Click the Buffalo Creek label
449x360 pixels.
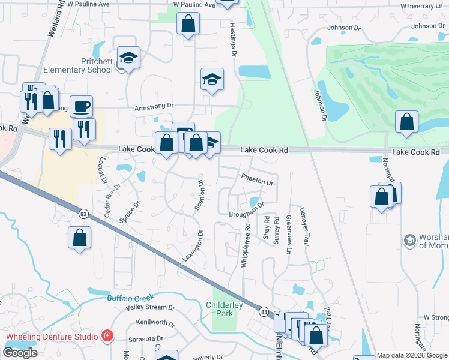pyautogui.click(x=131, y=298)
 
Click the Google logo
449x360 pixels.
pyautogui.click(x=20, y=353)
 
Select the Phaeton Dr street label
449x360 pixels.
pyautogui.click(x=257, y=179)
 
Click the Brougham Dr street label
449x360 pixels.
pyautogui.click(x=246, y=213)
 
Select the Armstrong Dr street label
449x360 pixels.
pyautogui.click(x=154, y=106)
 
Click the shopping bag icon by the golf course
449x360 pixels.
pyautogui.click(x=406, y=122)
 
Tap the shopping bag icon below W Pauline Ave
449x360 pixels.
pyautogui.click(x=188, y=25)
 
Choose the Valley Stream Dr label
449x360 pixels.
pyautogui.click(x=150, y=308)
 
